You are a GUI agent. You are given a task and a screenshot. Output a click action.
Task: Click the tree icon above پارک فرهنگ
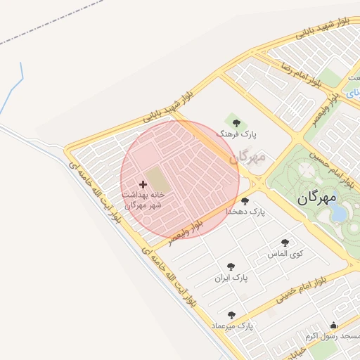click(236, 122)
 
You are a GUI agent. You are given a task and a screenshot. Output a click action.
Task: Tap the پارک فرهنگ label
click(238, 134)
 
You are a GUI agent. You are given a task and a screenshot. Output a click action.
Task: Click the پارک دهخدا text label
click(245, 212)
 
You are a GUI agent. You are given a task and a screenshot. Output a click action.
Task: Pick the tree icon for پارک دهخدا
click(245, 201)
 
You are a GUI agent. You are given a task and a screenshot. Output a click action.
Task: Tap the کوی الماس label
click(284, 253)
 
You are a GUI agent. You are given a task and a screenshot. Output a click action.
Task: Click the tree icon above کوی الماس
click(285, 243)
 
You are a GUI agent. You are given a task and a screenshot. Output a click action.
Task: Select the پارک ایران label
click(231, 278)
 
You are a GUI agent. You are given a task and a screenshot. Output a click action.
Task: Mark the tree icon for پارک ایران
click(231, 266)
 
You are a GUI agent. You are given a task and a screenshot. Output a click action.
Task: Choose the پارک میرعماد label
click(232, 327)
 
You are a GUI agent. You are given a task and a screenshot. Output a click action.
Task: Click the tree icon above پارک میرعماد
click(231, 316)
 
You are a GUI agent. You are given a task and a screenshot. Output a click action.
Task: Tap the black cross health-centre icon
click(143, 184)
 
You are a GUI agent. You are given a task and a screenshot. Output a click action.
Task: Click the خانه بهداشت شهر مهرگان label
click(143, 200)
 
